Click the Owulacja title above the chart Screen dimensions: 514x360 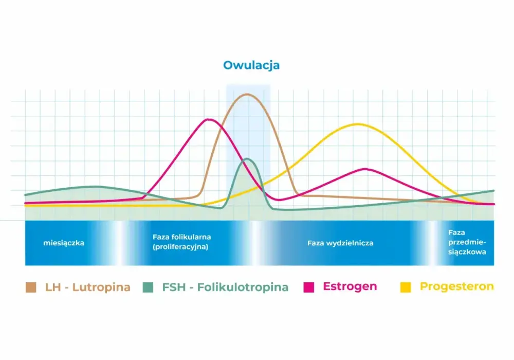pyautogui.click(x=251, y=65)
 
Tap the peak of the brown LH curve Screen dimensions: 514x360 pyautogui.click(x=247, y=95)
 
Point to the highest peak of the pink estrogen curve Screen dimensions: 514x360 pyautogui.click(x=209, y=120)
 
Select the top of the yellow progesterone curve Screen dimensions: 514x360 pyautogui.click(x=358, y=124)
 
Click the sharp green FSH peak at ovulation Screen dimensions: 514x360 pyautogui.click(x=247, y=159)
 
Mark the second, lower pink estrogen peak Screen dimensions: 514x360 pyautogui.click(x=365, y=169)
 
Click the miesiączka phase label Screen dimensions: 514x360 pyautogui.click(x=64, y=243)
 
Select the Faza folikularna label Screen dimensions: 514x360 pyautogui.click(x=181, y=237)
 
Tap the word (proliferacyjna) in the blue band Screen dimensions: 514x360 pyautogui.click(x=180, y=246)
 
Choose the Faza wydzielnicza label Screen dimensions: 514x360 pyautogui.click(x=340, y=243)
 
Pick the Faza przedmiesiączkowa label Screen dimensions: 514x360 pyautogui.click(x=467, y=242)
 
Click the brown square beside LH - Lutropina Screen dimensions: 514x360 pyautogui.click(x=31, y=287)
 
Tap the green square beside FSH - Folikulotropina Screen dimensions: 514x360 pyautogui.click(x=148, y=287)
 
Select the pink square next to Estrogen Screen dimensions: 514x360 pyautogui.click(x=309, y=287)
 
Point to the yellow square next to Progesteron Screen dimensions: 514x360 pyautogui.click(x=406, y=287)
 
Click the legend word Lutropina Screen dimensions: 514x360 pyautogui.click(x=101, y=287)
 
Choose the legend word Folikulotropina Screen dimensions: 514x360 pyautogui.click(x=243, y=287)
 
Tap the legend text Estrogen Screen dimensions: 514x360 pyautogui.click(x=350, y=286)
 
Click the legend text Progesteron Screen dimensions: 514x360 pyautogui.click(x=456, y=286)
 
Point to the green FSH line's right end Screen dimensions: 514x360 pyautogui.click(x=493, y=190)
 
